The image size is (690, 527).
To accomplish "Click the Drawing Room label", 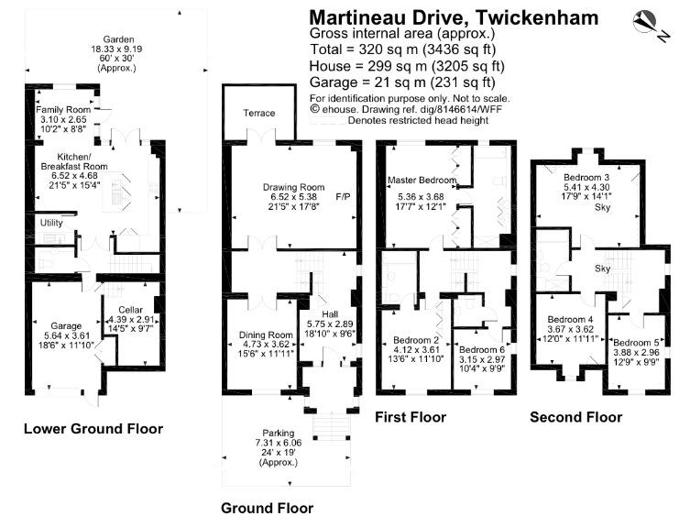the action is point(293,187).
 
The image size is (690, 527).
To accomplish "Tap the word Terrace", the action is point(259,113).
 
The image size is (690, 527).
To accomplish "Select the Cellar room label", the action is point(131,310).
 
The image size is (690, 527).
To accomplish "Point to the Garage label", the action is point(66,325).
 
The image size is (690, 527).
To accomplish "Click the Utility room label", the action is point(51,223).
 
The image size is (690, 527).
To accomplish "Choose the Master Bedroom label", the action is point(422,180).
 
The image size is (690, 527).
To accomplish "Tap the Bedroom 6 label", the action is point(482,349).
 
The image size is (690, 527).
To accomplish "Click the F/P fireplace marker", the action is point(344,197).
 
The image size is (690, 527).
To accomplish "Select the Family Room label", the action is point(63,110).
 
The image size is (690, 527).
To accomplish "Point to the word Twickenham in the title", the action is point(537,17).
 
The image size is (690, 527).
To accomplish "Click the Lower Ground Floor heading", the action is point(93,429).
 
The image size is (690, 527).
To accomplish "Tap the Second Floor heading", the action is point(576,417).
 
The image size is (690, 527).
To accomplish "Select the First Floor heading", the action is point(411,417).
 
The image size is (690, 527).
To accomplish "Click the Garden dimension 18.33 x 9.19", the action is point(116,49).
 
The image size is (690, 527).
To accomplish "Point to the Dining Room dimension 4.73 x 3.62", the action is point(266,345).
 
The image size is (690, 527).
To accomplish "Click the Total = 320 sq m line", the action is point(403,49).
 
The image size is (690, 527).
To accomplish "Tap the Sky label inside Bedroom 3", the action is point(602,207).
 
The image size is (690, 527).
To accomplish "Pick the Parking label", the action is point(279,433).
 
